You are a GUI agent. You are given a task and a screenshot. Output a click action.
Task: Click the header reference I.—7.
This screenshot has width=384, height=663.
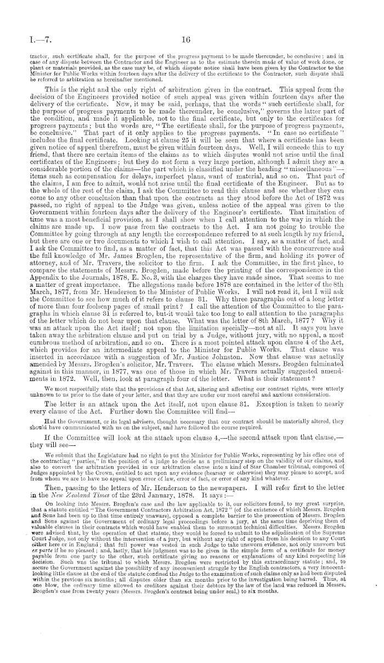(x=29, y=39)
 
